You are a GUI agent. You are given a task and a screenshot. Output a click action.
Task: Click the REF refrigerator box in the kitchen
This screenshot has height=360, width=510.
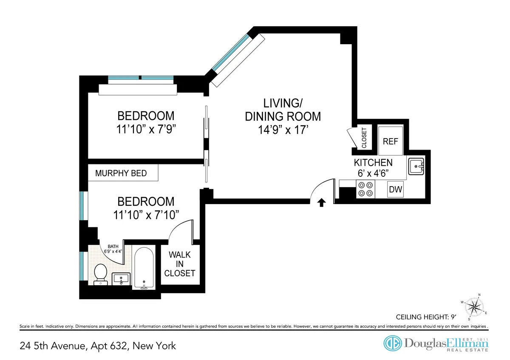pyautogui.click(x=390, y=141)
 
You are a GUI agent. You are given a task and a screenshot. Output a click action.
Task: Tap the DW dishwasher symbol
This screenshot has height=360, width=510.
pyautogui.click(x=396, y=190)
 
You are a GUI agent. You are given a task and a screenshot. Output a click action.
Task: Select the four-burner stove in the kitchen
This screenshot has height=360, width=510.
pyautogui.click(x=365, y=189)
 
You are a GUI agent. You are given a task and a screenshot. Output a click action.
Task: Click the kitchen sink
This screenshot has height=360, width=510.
pyautogui.click(x=416, y=166)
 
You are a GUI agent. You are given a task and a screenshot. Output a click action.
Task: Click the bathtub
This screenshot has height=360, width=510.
pyautogui.click(x=144, y=268)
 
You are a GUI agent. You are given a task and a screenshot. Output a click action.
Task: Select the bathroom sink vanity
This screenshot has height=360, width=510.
pyautogui.click(x=121, y=279)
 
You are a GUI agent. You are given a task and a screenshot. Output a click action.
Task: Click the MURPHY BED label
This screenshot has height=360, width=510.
pyautogui.click(x=121, y=173)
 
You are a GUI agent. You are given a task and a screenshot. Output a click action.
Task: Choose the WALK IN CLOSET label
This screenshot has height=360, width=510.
pyautogui.click(x=180, y=264)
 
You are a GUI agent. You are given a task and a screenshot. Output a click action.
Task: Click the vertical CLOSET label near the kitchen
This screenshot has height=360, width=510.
pyautogui.click(x=364, y=138)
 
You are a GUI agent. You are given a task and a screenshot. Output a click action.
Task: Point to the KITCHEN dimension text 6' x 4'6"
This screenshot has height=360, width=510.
pyautogui.click(x=373, y=173)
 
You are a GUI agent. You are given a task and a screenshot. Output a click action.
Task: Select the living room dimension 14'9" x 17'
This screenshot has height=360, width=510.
pyautogui.click(x=283, y=130)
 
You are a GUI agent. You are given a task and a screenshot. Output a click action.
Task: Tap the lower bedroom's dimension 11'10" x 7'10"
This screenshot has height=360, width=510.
pyautogui.click(x=146, y=215)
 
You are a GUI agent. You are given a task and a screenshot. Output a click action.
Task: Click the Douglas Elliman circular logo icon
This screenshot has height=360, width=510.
pyautogui.click(x=393, y=343)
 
